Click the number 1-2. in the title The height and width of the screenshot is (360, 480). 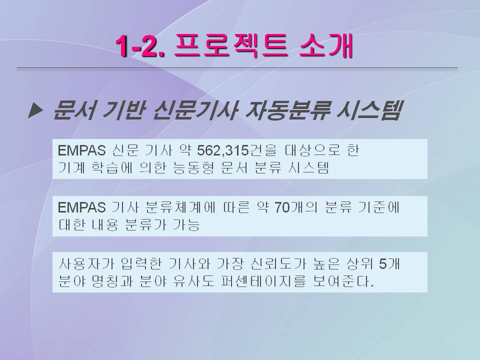(140, 46)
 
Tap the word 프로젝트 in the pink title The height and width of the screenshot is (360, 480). (231, 45)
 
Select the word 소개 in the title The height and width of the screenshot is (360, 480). (326, 45)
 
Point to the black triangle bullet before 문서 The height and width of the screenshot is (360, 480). (35, 110)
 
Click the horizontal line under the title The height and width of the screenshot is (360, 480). (237, 67)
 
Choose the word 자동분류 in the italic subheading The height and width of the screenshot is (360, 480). (288, 109)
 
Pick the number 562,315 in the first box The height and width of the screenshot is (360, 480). (222, 150)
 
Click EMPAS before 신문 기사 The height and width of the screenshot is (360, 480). (81, 150)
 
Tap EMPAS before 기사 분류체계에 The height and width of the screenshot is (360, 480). (81, 207)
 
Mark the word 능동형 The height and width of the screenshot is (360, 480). (193, 167)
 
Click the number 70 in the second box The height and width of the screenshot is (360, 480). (282, 207)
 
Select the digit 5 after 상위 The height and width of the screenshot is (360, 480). (383, 264)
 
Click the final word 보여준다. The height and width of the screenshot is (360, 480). (343, 281)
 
